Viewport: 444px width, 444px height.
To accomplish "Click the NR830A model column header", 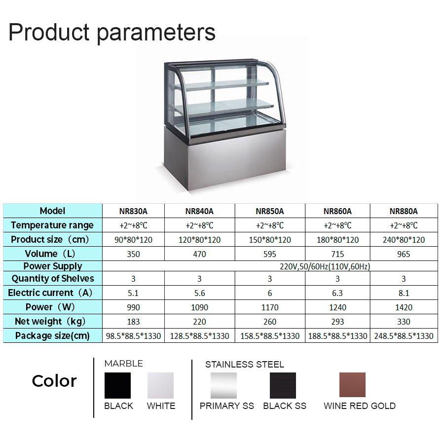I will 133,211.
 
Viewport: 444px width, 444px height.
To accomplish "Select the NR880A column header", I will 404,211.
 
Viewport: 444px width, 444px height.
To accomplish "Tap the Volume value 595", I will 270,254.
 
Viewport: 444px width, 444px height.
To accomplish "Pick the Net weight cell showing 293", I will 337,322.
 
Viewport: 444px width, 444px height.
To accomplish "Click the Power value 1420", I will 404,307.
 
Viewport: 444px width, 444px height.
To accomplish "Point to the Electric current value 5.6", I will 199,293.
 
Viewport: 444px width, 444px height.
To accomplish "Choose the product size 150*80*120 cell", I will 270,240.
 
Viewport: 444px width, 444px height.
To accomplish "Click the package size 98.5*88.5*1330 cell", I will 133,336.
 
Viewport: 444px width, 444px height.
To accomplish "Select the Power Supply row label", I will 53,266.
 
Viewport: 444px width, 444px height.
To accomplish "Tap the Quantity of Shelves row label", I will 53,278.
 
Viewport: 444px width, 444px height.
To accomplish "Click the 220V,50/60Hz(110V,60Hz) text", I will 325,266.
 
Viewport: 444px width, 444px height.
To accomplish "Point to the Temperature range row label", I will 52,225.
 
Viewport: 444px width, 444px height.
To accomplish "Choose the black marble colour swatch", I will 118,385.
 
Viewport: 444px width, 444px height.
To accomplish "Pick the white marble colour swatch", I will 160,385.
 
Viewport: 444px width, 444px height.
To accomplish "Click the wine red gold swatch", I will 352,385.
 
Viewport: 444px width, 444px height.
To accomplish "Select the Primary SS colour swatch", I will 223,385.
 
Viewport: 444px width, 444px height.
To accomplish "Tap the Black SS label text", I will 285,406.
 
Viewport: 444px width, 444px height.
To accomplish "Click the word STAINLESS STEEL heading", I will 245,365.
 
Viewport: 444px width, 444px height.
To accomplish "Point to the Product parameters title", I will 112,32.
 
